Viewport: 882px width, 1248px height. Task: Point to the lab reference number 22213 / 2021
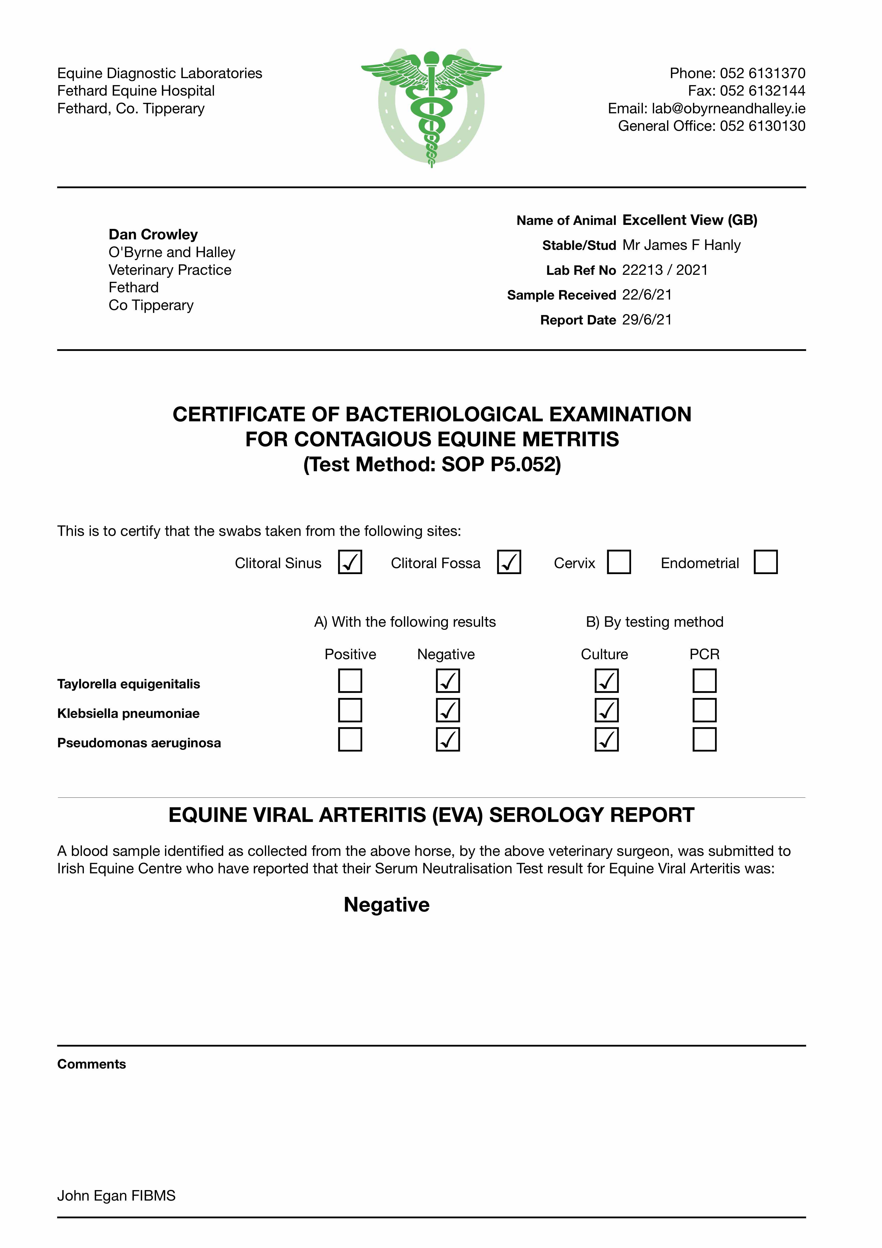[x=665, y=270]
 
